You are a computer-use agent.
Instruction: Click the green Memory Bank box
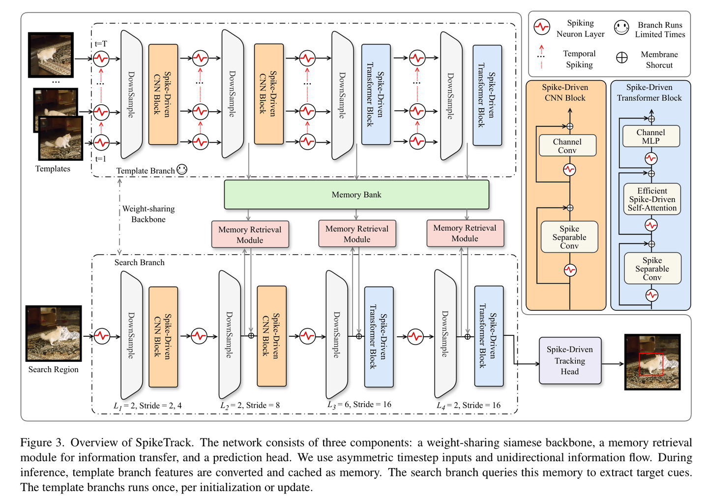(x=356, y=195)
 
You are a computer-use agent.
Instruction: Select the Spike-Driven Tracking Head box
(x=570, y=360)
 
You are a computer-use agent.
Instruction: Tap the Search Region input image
(x=54, y=333)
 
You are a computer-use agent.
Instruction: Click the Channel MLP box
(x=650, y=136)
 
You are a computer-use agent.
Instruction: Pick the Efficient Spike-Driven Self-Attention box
(x=652, y=199)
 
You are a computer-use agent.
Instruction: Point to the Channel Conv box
(x=567, y=146)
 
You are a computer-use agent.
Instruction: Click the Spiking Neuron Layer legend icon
(x=542, y=27)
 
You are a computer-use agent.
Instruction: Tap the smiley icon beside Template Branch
(x=182, y=170)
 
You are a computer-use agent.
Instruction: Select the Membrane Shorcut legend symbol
(x=622, y=58)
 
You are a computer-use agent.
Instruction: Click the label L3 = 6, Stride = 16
(x=359, y=404)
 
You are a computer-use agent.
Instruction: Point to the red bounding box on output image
(x=650, y=364)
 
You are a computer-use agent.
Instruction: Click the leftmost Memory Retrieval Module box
(x=250, y=235)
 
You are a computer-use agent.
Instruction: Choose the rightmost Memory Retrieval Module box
(x=465, y=233)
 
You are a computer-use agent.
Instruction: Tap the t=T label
(x=101, y=44)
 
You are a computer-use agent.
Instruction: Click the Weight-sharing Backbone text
(x=148, y=214)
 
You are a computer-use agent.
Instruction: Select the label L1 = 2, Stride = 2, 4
(x=147, y=406)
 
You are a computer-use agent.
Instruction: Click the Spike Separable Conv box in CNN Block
(x=569, y=237)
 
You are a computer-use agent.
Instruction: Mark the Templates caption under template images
(x=53, y=169)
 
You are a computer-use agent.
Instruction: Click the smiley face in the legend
(x=621, y=28)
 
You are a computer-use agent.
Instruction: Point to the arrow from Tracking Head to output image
(x=613, y=364)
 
